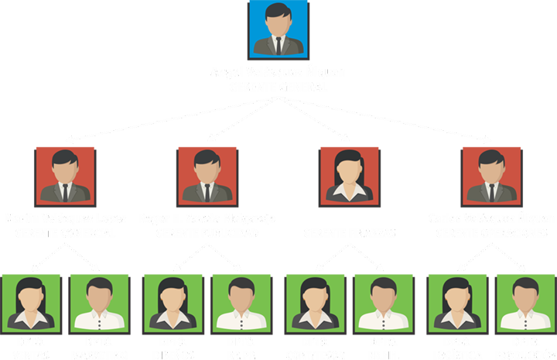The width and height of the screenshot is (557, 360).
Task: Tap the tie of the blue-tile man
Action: coord(278,44)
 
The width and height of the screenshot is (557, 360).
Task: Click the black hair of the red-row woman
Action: coord(349,159)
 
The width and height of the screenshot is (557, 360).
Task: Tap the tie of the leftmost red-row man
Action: coord(65,191)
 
